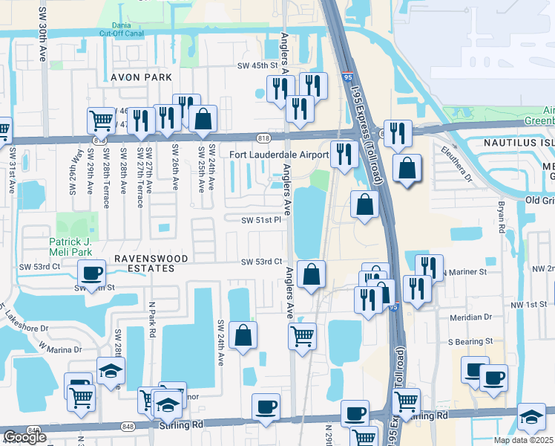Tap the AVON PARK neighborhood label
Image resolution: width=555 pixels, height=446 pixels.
pos(141,77)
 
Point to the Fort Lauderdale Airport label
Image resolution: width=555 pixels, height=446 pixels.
pos(278,155)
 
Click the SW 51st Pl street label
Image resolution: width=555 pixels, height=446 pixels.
pos(261,219)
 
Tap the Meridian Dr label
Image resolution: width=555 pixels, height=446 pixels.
pos(470,316)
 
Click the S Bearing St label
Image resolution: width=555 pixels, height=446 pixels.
pos(470,340)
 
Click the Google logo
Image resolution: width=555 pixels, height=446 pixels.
pos(24,437)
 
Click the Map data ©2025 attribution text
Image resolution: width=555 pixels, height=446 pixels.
pos(524,440)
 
